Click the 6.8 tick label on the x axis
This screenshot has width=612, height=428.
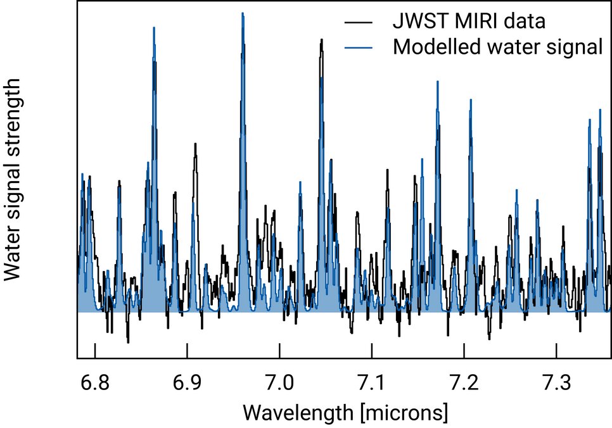(94, 382)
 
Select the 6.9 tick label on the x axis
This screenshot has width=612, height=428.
(187, 382)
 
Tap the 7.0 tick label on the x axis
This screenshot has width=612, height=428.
(279, 382)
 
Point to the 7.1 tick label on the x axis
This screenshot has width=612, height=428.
(372, 382)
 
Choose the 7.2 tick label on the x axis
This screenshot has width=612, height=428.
(464, 382)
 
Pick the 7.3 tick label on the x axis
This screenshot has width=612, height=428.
(556, 382)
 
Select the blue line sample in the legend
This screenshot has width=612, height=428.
(359, 47)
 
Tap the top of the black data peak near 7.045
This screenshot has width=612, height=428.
(322, 39)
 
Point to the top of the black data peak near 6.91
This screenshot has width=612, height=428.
(196, 144)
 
